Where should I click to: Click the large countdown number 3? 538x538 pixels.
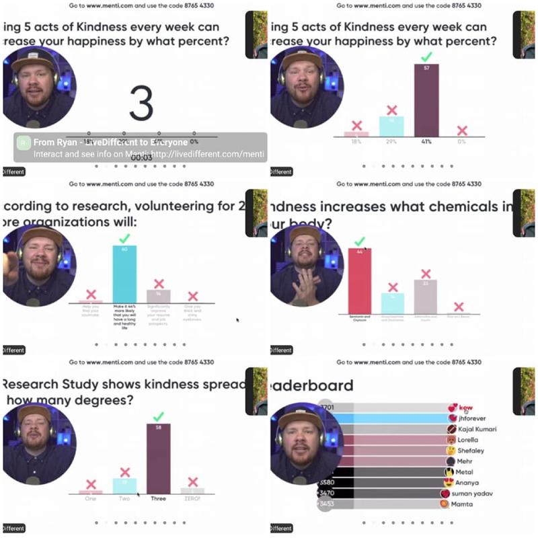pyautogui.click(x=141, y=104)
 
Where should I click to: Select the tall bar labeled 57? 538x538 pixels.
pyautogui.click(x=426, y=100)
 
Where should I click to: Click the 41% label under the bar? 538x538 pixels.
pyautogui.click(x=426, y=143)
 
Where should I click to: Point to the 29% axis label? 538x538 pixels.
pyautogui.click(x=391, y=143)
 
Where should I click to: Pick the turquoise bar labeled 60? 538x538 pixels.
pyautogui.click(x=124, y=274)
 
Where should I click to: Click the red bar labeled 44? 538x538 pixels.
pyautogui.click(x=360, y=280)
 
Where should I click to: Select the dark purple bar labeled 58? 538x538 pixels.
pyautogui.click(x=159, y=459)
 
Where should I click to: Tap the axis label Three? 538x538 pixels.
pyautogui.click(x=159, y=498)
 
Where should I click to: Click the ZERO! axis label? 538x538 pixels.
pyautogui.click(x=193, y=498)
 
